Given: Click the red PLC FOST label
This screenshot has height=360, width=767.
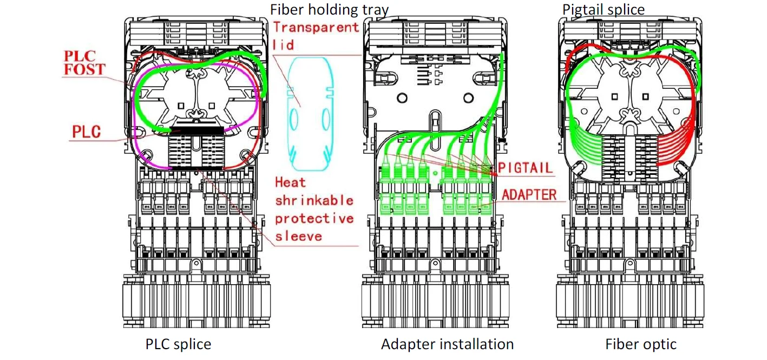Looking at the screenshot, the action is click(84, 63).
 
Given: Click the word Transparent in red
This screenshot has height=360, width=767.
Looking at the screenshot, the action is click(316, 28).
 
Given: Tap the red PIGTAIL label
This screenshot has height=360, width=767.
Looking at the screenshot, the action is click(525, 168).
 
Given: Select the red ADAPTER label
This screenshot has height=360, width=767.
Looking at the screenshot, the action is click(529, 194).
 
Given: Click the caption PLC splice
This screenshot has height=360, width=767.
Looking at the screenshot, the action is click(178, 344).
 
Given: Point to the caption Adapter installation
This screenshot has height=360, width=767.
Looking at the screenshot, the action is click(447, 344).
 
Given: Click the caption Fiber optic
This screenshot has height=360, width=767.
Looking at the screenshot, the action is click(641, 344).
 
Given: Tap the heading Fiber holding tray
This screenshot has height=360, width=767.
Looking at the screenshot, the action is click(329, 10).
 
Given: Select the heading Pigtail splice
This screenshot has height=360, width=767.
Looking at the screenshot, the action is click(604, 10).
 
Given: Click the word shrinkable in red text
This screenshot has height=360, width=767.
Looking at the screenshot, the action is click(314, 200).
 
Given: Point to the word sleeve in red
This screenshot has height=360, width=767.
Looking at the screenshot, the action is click(299, 237).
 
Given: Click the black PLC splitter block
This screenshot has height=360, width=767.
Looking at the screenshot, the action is click(197, 130).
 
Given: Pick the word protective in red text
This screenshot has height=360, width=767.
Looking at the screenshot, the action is click(314, 219).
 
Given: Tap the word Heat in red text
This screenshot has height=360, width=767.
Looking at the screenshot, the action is click(290, 182).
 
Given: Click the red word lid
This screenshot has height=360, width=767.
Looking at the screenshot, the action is click(283, 45).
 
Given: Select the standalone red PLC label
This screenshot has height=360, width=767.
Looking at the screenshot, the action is click(86, 132).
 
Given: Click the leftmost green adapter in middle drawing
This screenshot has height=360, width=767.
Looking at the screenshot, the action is click(385, 191).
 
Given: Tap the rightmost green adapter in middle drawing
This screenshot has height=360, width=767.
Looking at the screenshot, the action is click(486, 191).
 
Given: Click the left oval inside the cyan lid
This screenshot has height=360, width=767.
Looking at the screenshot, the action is click(294, 120).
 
